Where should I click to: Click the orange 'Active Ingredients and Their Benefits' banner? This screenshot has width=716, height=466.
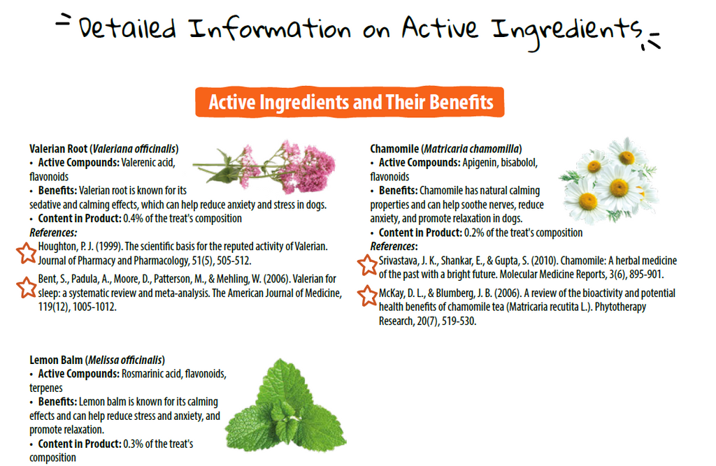pos(350,102)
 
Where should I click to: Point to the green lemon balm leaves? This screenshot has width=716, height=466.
pos(286,406)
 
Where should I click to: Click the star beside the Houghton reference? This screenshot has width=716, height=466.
pos(27,253)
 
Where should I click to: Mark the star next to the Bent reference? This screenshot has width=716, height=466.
pos(27,286)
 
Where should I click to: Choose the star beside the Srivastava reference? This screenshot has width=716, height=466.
pos(368,265)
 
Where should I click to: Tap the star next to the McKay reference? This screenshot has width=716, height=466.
pos(368,296)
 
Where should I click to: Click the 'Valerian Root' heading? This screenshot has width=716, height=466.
pos(58,149)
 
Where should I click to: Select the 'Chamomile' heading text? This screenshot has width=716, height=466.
pos(394,149)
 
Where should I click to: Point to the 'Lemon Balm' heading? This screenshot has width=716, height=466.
pos(56,360)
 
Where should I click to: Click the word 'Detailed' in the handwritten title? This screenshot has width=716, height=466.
pos(127,28)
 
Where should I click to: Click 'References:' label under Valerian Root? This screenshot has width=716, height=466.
pos(53,233)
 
